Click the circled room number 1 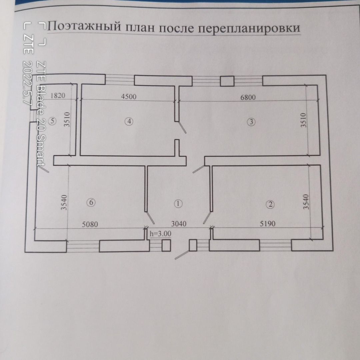(178, 203)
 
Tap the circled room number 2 (271, 204)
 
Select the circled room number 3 (251, 122)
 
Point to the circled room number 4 (129, 121)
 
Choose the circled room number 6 (90, 202)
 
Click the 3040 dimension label (178, 224)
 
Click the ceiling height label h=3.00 (160, 234)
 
